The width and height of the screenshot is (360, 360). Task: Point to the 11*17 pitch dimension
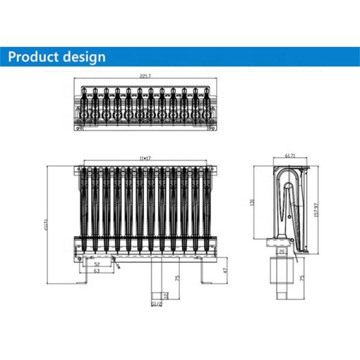144,157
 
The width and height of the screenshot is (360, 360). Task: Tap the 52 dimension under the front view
97,265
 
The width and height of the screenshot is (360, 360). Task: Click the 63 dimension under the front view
96,271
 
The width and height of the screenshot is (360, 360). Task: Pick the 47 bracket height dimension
225,271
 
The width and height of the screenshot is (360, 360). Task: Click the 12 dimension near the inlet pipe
167,296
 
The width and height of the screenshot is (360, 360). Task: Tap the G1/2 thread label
157,305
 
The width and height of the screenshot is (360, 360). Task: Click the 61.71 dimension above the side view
289,156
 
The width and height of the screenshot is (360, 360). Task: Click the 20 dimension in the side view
282,251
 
